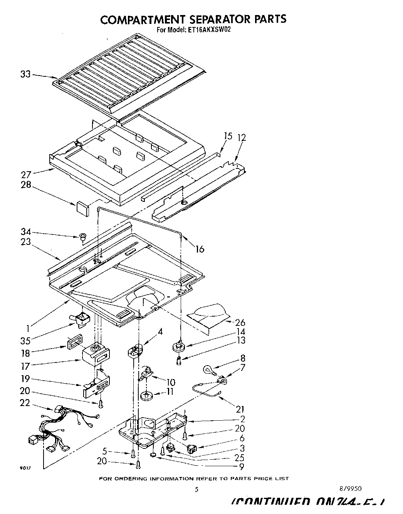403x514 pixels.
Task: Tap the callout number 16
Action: pos(199,249)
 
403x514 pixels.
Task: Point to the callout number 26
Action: pos(240,322)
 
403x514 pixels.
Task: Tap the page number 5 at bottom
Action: pos(196,490)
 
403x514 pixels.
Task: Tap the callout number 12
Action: pos(242,137)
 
